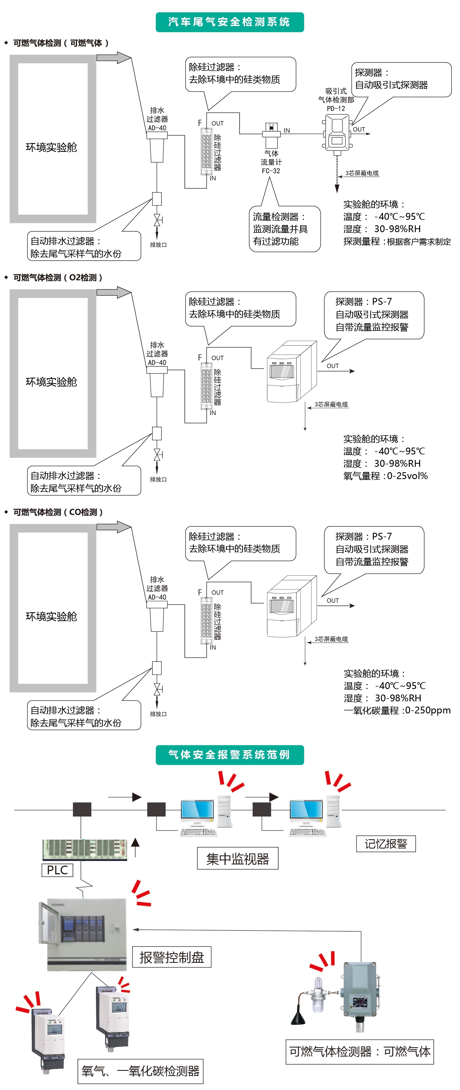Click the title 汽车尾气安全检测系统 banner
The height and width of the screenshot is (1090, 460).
(229, 22)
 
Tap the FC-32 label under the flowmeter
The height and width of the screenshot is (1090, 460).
(271, 171)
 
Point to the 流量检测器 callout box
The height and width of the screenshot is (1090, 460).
(284, 229)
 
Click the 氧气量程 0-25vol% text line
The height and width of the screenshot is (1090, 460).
(385, 476)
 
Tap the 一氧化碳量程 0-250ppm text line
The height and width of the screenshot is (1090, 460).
(396, 710)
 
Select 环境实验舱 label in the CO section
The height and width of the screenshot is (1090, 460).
(51, 616)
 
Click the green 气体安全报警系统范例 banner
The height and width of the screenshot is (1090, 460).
(229, 755)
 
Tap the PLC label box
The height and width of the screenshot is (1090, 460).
(57, 870)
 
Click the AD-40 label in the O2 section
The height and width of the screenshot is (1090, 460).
(157, 363)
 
